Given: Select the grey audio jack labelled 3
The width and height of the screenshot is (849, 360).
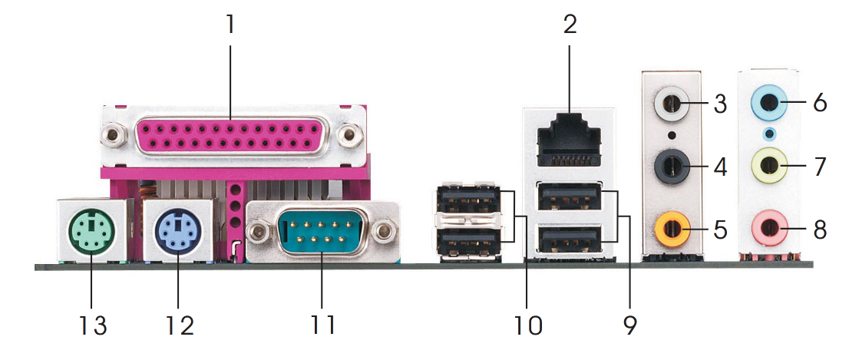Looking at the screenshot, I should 671,103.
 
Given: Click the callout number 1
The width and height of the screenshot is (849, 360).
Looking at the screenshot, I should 230,25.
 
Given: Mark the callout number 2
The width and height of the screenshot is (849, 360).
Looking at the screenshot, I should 570,25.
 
